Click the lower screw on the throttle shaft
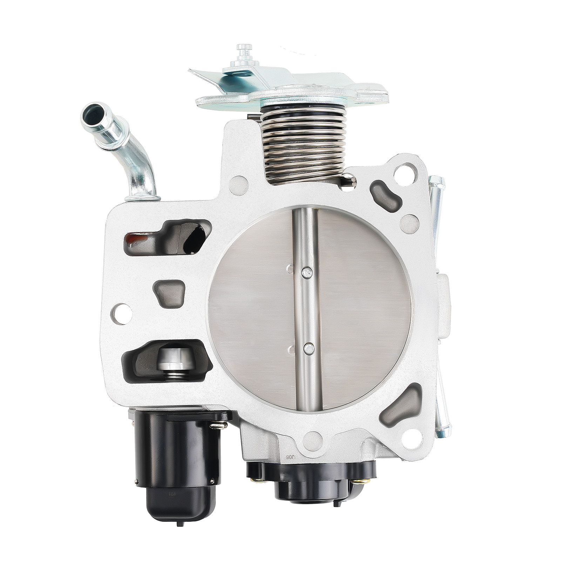[309, 348]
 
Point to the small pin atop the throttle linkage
[244, 50]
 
